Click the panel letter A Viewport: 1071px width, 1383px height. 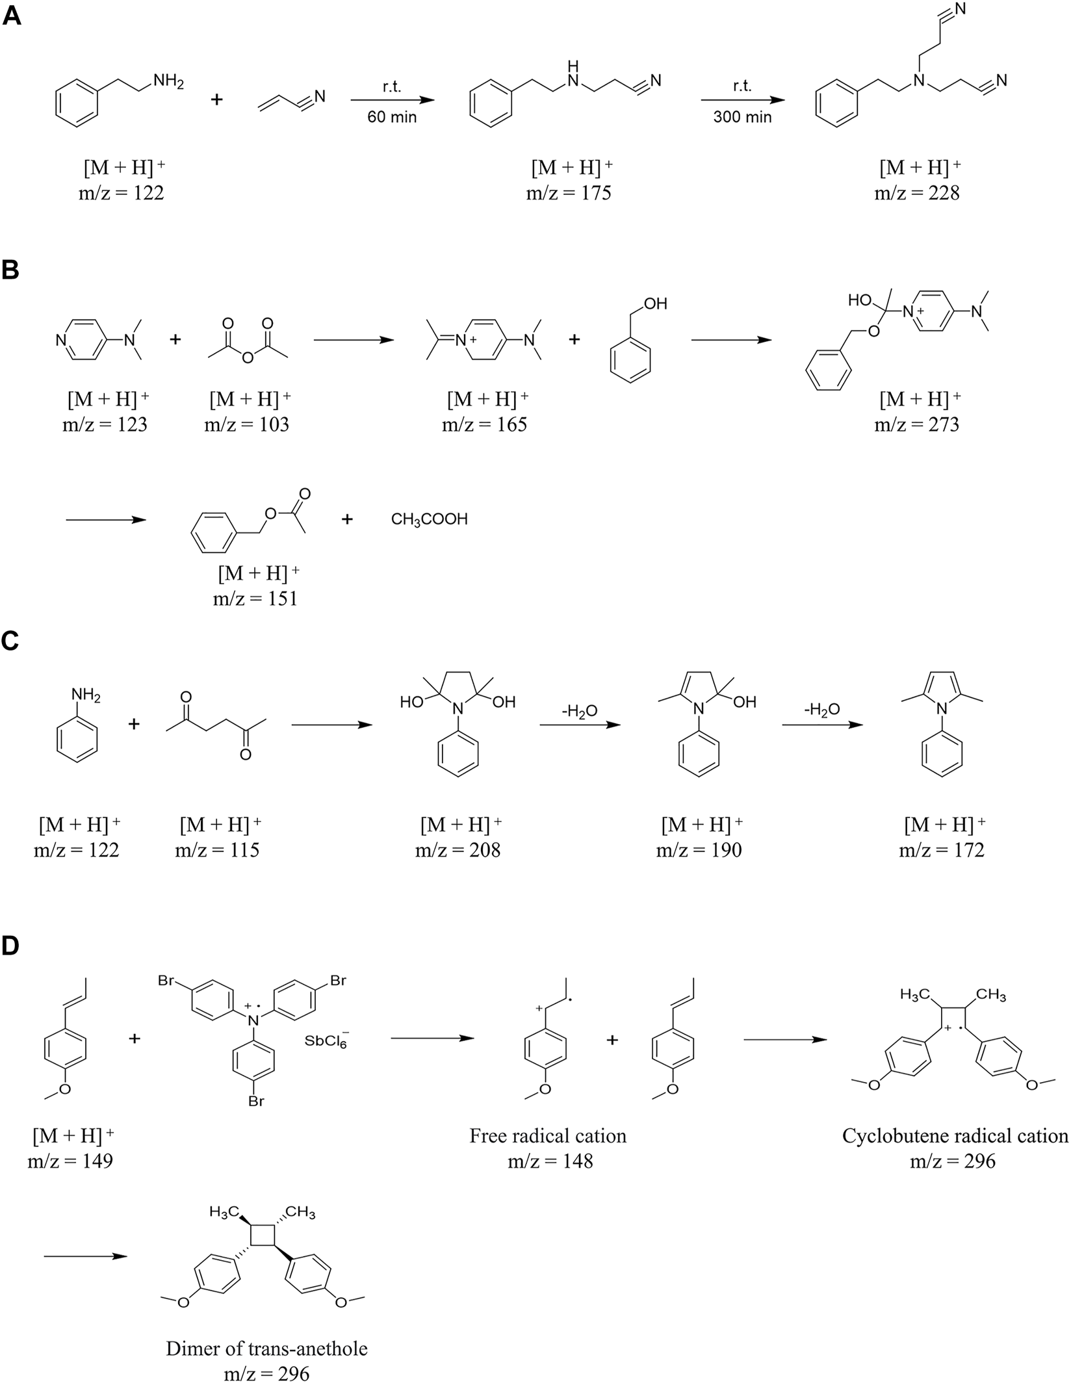coord(12,16)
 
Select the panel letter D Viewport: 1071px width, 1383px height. coord(12,946)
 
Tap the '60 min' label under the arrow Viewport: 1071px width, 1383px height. coord(392,117)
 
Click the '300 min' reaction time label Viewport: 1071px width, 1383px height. coord(742,117)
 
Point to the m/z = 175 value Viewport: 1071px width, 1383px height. coord(569,193)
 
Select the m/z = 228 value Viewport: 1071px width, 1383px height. coord(917,193)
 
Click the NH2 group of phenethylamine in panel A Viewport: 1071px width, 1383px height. coord(169,82)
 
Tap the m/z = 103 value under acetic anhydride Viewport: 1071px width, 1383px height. coord(247,424)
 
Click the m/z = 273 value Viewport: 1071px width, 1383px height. coord(917,424)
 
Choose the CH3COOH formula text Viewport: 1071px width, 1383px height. coord(429,520)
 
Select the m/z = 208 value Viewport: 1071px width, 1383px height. coord(458,850)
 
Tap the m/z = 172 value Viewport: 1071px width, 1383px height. coord(942,850)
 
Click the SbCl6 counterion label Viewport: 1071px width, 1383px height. coord(326,1040)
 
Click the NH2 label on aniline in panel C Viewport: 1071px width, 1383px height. coord(85,696)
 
